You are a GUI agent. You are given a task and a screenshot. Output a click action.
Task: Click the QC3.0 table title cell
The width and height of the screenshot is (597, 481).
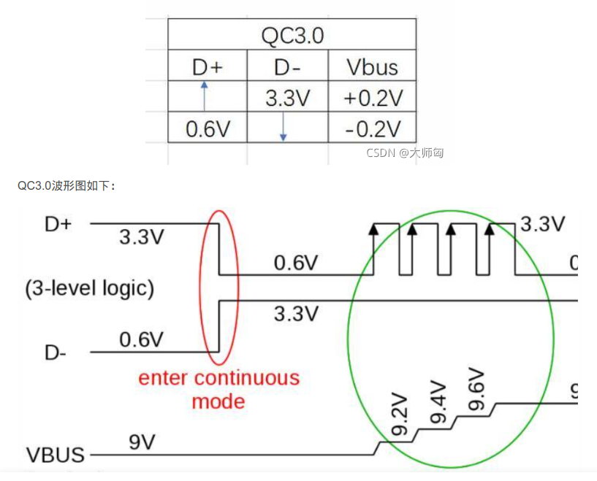tap(292, 35)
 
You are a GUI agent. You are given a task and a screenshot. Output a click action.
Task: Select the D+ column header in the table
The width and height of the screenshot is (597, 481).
tap(207, 67)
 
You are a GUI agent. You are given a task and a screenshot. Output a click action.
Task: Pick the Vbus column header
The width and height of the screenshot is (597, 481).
tap(373, 67)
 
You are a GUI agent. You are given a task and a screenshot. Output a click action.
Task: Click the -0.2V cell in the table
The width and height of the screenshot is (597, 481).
tap(373, 129)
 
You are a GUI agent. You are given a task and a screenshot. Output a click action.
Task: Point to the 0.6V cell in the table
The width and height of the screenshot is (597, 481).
tap(208, 129)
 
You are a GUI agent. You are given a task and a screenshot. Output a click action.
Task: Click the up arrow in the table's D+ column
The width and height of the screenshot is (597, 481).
tap(205, 96)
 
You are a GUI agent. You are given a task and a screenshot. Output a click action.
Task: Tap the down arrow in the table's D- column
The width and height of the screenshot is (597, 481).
tap(284, 128)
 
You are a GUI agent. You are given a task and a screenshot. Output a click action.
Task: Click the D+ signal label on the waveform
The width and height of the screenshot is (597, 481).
tap(58, 224)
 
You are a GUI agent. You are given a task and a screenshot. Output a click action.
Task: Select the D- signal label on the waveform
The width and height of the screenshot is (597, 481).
tap(56, 353)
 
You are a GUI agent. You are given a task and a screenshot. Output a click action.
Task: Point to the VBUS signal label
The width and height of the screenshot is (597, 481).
tap(56, 455)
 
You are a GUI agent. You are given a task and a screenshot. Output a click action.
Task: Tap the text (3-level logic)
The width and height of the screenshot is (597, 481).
tap(90, 288)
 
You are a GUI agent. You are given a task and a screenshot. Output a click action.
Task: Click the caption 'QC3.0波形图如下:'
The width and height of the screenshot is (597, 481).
tap(66, 186)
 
